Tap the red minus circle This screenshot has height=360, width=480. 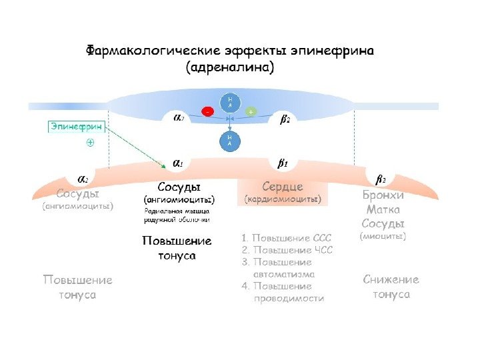[208, 111]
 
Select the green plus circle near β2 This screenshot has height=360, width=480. [251, 111]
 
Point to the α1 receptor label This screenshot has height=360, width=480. [179, 162]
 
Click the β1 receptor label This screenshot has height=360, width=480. [282, 162]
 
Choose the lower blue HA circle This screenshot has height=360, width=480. [230, 141]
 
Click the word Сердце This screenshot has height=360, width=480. [283, 186]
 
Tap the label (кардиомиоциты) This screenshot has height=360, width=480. [283, 199]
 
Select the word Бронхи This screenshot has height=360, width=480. [383, 195]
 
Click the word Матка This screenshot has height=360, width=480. [383, 209]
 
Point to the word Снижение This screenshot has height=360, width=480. [391, 280]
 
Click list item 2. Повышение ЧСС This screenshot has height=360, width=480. [287, 250]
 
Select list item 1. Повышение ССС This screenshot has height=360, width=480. [287, 237]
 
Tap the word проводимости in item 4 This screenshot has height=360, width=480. [289, 299]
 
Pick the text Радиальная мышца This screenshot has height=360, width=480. [177, 211]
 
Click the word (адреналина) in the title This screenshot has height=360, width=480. [230, 67]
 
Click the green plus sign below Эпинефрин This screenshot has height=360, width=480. [90, 143]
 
